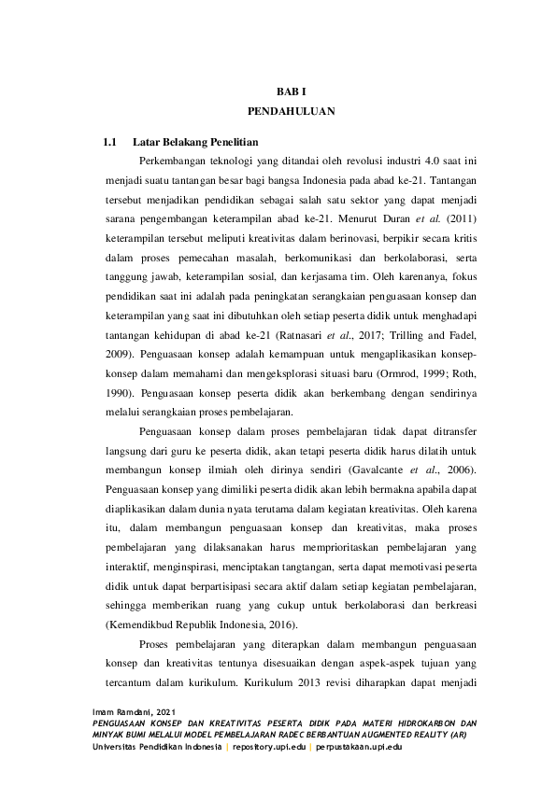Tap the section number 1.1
109,144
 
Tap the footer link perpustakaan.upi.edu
360,748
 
